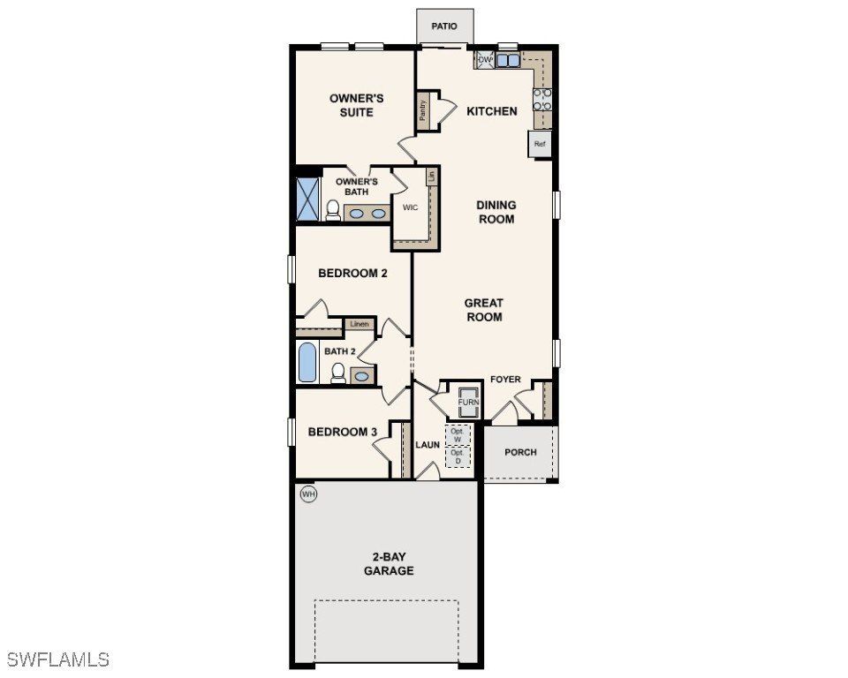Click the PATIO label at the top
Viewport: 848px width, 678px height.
444,26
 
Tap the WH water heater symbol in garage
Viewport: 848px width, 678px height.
308,494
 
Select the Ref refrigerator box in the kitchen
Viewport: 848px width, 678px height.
540,144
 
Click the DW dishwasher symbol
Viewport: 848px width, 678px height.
485,60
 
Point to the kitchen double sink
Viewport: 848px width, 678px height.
508,61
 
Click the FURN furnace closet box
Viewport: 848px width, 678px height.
468,403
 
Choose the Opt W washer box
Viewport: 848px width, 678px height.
458,434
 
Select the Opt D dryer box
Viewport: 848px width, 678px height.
458,456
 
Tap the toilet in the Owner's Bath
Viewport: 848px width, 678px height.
333,209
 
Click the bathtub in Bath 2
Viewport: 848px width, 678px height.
307,363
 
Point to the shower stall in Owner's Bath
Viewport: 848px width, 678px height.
307,198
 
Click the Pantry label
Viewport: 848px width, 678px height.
424,110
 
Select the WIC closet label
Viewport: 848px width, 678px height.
410,208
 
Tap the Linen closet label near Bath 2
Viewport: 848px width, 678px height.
360,324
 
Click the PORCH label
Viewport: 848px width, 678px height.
520,452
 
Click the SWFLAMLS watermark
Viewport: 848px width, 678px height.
58,659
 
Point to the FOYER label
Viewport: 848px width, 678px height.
506,380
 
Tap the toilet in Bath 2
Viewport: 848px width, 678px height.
337,374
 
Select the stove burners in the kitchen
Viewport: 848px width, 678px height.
542,98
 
